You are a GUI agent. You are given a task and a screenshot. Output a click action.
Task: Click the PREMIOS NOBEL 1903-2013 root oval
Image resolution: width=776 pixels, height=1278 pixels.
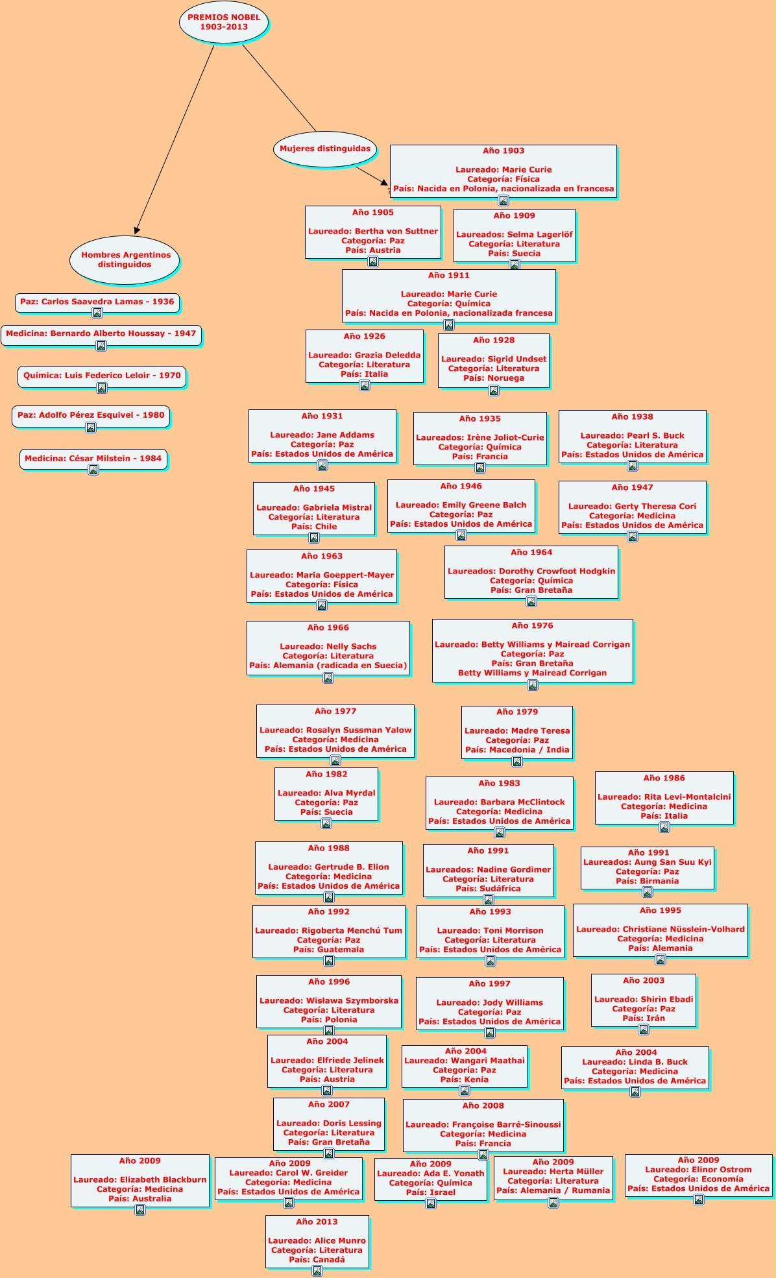224,23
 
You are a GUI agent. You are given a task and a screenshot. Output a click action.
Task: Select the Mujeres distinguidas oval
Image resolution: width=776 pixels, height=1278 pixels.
325,149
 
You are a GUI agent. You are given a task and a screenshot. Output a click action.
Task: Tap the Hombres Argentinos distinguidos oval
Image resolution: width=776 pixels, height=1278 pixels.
125,259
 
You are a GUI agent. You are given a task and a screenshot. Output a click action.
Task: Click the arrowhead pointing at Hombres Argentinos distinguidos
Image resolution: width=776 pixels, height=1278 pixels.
136,230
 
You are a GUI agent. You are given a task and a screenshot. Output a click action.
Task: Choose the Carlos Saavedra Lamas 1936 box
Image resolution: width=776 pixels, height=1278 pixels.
97,302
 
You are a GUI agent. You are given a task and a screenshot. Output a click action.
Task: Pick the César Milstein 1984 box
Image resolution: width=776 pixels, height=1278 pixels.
93,459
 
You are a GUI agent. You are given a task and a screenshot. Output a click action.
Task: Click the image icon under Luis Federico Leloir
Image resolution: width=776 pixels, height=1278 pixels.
102,388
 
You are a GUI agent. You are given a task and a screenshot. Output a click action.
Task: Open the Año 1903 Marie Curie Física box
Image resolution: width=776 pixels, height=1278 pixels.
503,171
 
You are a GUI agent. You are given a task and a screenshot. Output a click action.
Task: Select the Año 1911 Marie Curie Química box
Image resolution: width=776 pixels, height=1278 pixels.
448,295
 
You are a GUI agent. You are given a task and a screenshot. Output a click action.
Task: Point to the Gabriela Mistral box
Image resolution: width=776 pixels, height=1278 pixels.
314,508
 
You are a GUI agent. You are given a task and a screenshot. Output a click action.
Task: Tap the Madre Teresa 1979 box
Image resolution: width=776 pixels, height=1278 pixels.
517,732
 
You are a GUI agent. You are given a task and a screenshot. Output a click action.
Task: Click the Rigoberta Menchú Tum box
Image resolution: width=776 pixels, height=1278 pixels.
328,931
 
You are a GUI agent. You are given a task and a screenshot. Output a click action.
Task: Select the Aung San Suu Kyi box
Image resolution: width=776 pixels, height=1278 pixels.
647,867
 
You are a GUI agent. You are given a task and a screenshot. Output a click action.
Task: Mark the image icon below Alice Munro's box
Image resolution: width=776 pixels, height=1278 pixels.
317,1271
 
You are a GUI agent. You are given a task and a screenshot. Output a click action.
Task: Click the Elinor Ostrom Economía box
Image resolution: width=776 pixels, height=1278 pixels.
698,1175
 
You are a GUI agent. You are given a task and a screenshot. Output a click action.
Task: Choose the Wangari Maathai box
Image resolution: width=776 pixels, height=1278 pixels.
464,1066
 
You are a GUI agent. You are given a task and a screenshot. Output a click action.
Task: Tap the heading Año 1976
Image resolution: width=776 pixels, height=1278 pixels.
532,626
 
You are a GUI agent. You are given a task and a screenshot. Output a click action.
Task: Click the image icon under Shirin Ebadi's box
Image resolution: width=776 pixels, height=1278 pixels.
644,1030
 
